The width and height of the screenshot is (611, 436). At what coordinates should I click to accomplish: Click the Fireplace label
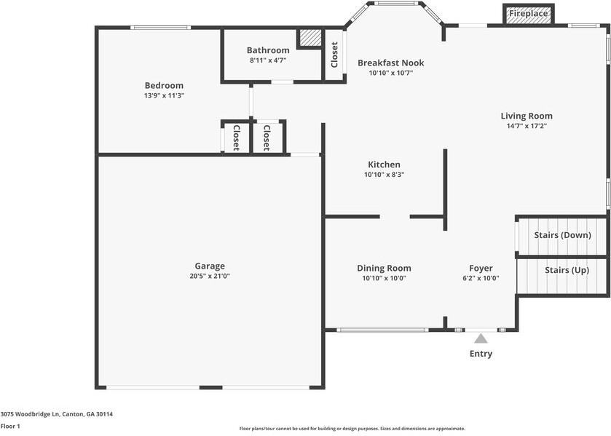[528, 14]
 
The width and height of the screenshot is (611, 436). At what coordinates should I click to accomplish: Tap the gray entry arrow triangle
[481, 338]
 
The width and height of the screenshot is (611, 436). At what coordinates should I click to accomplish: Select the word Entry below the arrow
[481, 354]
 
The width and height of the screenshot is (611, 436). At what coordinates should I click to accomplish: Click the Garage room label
[210, 266]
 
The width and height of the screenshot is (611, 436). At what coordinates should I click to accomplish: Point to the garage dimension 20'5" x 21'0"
[210, 277]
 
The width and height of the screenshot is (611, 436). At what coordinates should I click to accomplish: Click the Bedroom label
[164, 86]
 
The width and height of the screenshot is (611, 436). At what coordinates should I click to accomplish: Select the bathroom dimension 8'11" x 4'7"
[268, 60]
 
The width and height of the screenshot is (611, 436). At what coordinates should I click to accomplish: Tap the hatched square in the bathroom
[310, 39]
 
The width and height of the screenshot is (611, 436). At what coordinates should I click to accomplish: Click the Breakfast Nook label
[390, 63]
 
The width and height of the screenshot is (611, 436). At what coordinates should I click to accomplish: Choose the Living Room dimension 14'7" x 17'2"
[527, 126]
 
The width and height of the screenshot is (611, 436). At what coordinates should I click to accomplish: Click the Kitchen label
[384, 165]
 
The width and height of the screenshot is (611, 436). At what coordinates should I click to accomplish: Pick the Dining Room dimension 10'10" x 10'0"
[384, 278]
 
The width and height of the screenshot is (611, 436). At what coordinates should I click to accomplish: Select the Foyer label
[481, 269]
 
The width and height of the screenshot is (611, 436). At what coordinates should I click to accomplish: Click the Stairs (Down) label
[561, 236]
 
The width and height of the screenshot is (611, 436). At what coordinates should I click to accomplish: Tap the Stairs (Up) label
[567, 270]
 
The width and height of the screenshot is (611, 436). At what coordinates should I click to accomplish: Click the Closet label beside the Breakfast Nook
[334, 55]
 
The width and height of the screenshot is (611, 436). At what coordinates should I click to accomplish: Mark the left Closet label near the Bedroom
[237, 138]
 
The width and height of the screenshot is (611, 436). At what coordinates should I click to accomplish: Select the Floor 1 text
[10, 426]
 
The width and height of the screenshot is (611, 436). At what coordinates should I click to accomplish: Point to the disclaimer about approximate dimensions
[352, 429]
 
